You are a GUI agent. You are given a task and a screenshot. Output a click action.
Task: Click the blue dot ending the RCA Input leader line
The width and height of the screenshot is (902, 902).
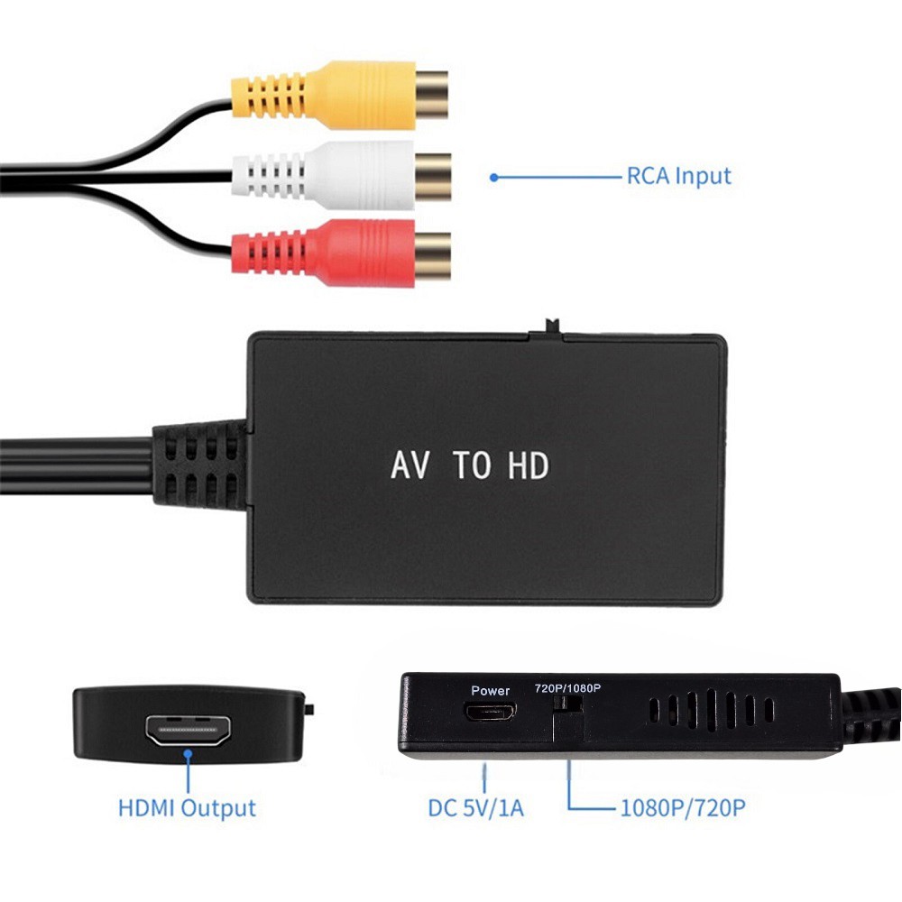point(493,178)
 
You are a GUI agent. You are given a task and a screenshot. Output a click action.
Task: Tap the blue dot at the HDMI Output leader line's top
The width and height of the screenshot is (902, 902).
point(188,753)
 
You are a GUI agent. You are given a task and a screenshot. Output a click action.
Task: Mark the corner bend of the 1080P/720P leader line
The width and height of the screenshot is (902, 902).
point(569,808)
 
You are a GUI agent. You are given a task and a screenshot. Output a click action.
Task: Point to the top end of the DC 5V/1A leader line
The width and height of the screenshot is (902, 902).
point(484,765)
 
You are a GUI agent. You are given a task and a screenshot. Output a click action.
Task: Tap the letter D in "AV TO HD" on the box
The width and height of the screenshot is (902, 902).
point(539,465)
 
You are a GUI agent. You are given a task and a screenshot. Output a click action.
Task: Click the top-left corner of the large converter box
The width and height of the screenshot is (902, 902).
point(250,335)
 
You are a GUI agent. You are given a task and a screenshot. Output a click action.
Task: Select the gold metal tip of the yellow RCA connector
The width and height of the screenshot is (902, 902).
point(431,95)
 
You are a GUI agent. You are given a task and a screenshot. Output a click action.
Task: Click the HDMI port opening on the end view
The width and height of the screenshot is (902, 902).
point(189,730)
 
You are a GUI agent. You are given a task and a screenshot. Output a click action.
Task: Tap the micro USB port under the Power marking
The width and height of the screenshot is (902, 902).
point(491,713)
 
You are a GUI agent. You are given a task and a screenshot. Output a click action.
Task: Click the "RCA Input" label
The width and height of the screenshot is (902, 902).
point(679,177)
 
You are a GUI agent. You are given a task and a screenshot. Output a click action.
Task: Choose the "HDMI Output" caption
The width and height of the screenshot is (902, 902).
point(187,808)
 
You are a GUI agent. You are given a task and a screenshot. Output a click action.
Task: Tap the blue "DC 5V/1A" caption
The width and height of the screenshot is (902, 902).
point(475,808)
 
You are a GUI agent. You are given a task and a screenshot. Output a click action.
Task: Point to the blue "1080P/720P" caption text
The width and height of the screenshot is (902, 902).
point(682,808)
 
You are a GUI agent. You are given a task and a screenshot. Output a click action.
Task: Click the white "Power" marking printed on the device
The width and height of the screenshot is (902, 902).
point(490,690)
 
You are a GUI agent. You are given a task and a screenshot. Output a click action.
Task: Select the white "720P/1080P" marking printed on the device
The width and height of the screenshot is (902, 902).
point(567,688)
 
